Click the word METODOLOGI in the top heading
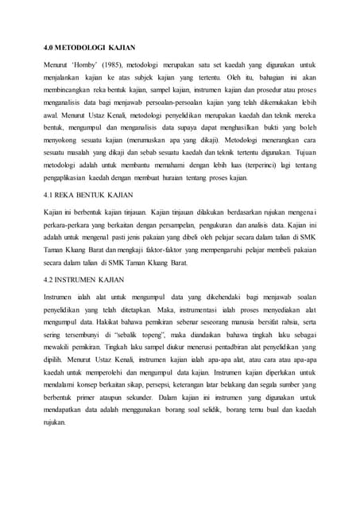point(83,47)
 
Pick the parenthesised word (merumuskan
point(159,139)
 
